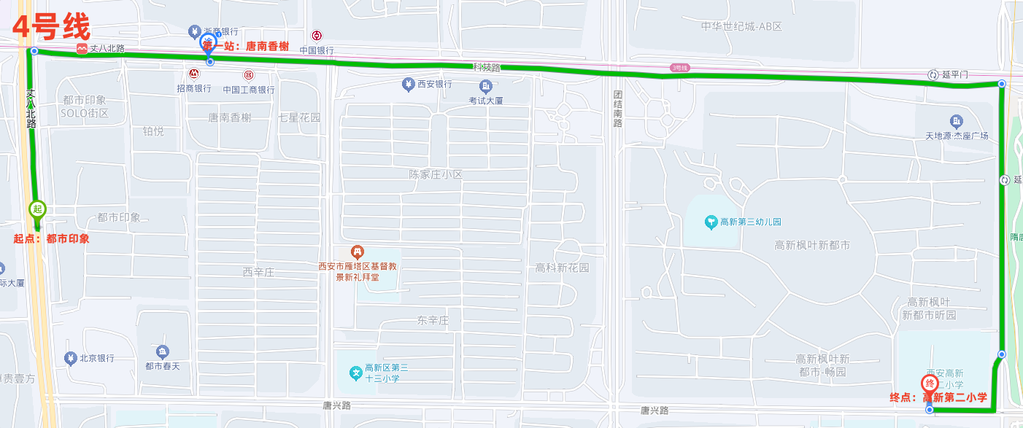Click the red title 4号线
pyautogui.click(x=51, y=27)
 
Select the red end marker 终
pyautogui.click(x=930, y=384)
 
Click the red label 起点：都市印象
pyautogui.click(x=51, y=238)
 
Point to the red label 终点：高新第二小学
pyautogui.click(x=938, y=397)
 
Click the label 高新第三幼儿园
pyautogui.click(x=750, y=222)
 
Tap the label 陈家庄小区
pyautogui.click(x=436, y=175)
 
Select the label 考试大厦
pyautogui.click(x=486, y=100)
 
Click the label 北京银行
pyautogui.click(x=96, y=358)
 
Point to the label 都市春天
pyautogui.click(x=162, y=366)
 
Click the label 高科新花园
pyautogui.click(x=562, y=268)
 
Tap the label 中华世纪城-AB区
pyautogui.click(x=741, y=26)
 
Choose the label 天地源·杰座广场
pyautogui.click(x=957, y=136)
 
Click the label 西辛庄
pyautogui.click(x=258, y=272)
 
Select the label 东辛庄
pyautogui.click(x=432, y=320)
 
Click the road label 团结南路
pyautogui.click(x=617, y=109)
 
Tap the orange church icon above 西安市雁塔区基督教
pyautogui.click(x=358, y=253)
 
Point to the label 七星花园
pyautogui.click(x=299, y=117)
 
